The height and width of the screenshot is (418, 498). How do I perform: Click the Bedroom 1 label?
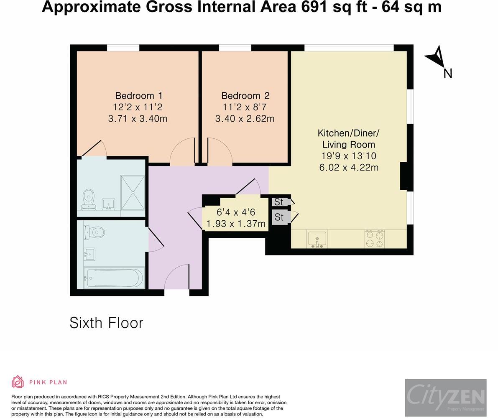click(x=139, y=96)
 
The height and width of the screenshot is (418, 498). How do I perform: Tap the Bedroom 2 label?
click(x=245, y=96)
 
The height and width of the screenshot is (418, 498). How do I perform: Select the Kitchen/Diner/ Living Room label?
click(x=348, y=139)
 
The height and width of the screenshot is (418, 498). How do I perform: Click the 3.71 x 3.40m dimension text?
click(x=138, y=118)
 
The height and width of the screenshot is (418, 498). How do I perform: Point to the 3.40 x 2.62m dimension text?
click(x=245, y=118)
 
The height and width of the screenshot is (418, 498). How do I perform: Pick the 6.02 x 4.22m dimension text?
click(x=349, y=167)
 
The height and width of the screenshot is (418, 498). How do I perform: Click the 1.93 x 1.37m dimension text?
click(x=236, y=224)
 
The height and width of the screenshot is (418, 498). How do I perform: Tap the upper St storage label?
click(x=278, y=202)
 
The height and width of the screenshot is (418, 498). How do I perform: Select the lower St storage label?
click(x=279, y=217)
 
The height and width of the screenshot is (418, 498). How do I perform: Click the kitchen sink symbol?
click(x=317, y=240)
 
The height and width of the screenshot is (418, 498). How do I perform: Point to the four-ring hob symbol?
click(x=375, y=239)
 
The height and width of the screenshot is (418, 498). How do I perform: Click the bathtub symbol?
click(x=114, y=278)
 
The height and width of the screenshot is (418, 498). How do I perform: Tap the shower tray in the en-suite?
click(x=133, y=192)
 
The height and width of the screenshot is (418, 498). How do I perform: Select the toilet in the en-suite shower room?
click(x=89, y=200)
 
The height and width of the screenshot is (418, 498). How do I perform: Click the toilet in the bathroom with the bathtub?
click(x=94, y=233)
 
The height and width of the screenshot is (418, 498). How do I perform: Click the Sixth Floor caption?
click(x=106, y=323)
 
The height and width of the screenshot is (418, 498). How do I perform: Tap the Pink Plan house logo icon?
click(x=18, y=382)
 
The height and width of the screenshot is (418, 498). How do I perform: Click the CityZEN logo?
click(x=446, y=398)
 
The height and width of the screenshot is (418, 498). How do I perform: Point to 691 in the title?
click(x=314, y=7)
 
